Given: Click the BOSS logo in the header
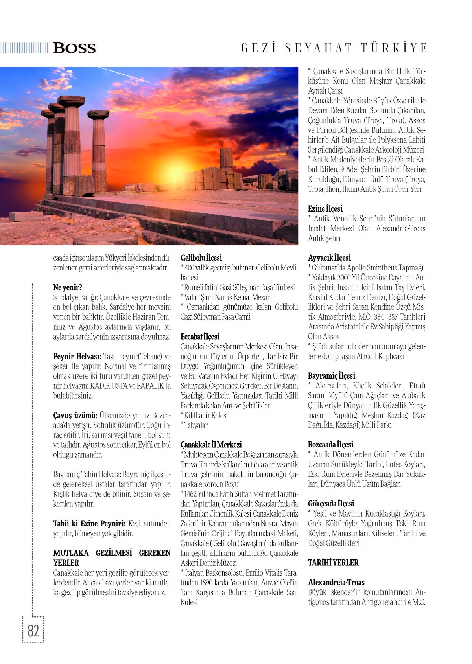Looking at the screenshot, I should click(x=74, y=48).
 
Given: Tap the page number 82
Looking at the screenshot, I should click(x=33, y=630).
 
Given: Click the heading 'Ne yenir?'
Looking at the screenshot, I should click(x=68, y=287).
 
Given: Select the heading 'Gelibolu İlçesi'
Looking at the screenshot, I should click(x=201, y=258).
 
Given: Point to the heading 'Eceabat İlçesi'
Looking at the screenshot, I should click(x=200, y=337).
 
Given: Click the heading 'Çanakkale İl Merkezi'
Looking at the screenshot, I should click(x=211, y=445).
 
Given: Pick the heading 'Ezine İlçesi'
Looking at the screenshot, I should click(x=325, y=209).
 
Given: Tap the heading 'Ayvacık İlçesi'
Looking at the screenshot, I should click(x=329, y=258).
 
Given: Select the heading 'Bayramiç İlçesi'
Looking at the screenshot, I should click(x=331, y=376).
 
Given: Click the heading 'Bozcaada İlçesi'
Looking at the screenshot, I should click(x=330, y=445).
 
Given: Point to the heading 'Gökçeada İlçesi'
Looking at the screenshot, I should click(x=331, y=504).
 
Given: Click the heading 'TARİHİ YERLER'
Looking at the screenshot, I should click(x=333, y=563).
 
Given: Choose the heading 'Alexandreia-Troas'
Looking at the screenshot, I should click(x=336, y=582).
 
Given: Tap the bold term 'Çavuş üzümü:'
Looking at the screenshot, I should click(x=75, y=416).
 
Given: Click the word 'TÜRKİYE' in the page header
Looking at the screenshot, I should click(x=394, y=48).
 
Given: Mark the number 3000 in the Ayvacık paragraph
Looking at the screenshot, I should click(x=345, y=278).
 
